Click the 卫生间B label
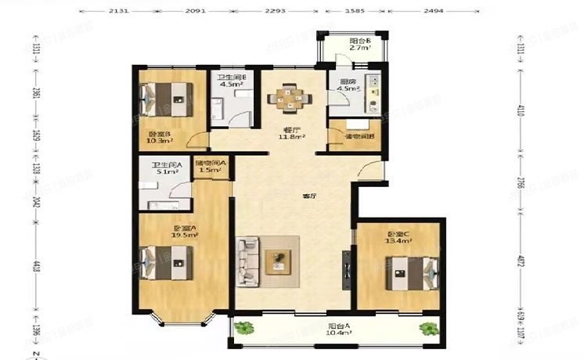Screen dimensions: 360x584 233,77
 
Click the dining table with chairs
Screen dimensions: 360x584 290,98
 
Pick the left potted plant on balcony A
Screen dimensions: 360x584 244,328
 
